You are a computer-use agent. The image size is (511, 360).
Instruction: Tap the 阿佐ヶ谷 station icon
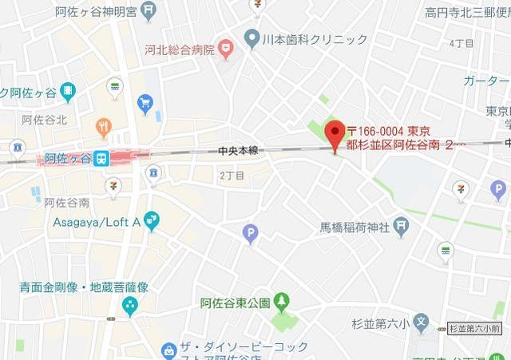click(101, 158)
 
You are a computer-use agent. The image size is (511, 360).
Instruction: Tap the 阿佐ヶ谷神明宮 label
click(85, 11)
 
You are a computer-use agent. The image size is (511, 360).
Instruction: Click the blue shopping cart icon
click(145, 103)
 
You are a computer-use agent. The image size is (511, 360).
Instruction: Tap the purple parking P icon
click(250, 233)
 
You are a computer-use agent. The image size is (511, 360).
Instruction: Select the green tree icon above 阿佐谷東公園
click(281, 301)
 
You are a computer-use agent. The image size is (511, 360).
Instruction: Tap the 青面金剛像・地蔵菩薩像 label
click(85, 287)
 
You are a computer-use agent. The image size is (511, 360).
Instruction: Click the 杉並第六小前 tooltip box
click(473, 328)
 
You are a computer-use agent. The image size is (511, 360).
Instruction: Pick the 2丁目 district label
click(231, 175)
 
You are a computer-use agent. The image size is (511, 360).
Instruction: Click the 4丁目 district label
click(461, 43)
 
